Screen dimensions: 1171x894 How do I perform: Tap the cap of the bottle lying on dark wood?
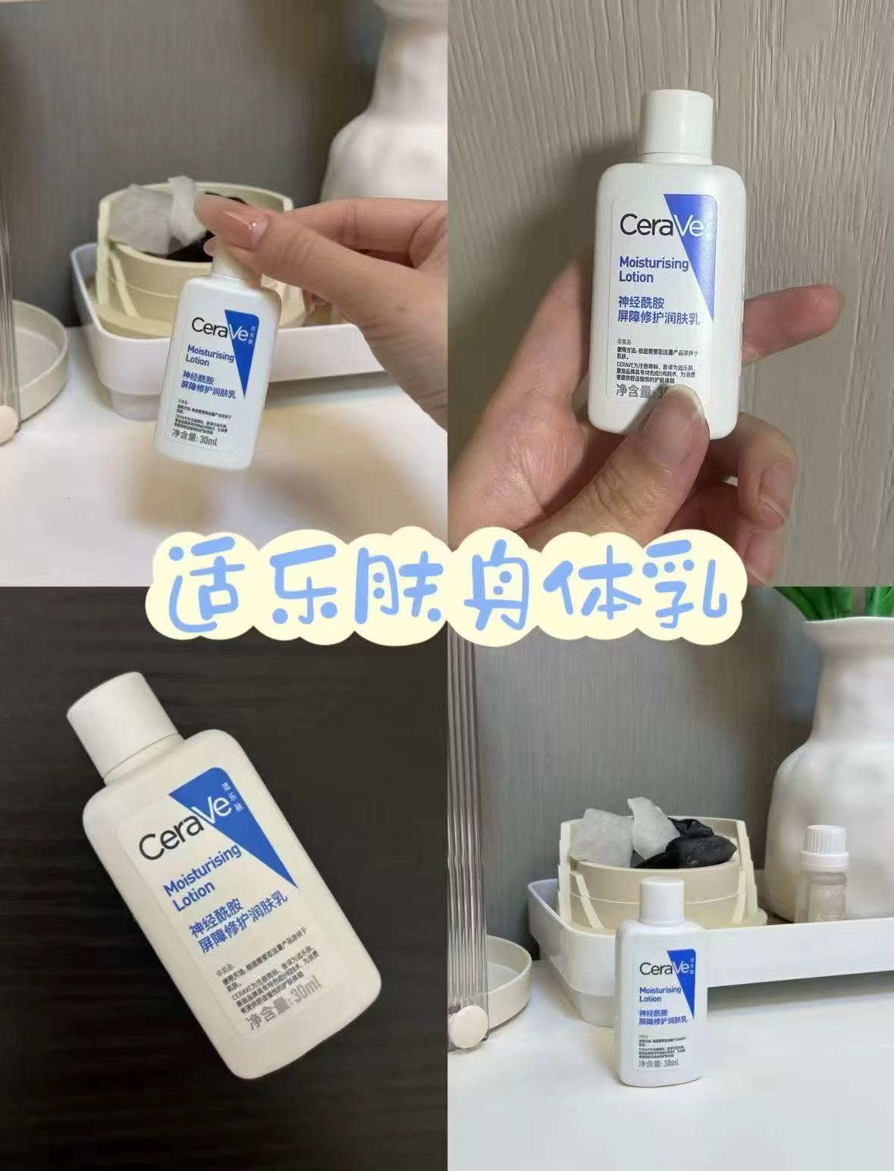121,717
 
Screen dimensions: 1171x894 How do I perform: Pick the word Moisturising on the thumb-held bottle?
653,263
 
